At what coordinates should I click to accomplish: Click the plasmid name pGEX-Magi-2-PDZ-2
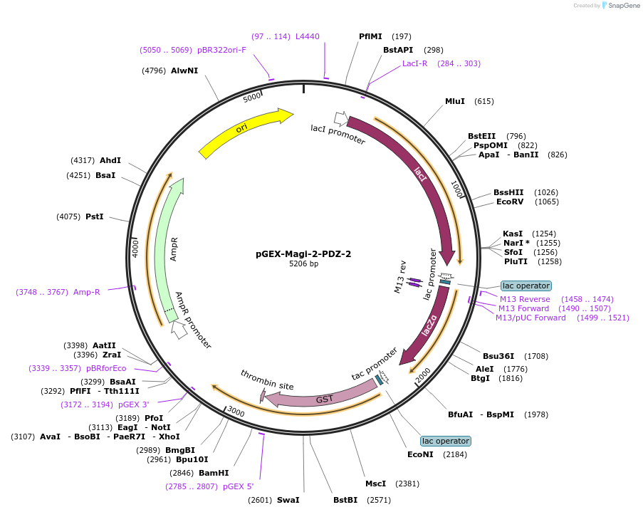pos(303,254)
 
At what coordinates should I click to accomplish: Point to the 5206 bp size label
pos(303,264)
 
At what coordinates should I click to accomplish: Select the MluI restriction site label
pos(455,101)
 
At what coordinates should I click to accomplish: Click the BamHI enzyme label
pos(214,472)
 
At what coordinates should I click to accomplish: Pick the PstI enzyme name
pos(95,216)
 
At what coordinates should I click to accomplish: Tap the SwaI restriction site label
pos(288,500)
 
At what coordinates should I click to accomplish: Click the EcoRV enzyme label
pos(510,202)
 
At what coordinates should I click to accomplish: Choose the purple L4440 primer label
pos(308,36)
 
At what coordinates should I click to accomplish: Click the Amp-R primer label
pos(87,291)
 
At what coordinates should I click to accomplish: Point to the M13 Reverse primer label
pos(525,299)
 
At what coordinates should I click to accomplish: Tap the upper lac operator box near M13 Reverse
pos(526,286)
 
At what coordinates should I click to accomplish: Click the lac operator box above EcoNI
pos(445,441)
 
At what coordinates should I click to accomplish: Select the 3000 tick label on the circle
pos(236,413)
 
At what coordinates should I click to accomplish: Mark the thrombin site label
pos(267,380)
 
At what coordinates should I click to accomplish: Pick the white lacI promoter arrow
pos(340,118)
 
